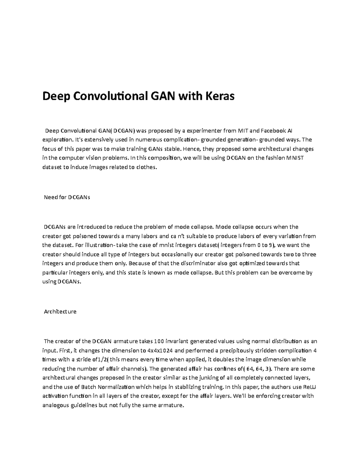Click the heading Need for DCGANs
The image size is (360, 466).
(67, 197)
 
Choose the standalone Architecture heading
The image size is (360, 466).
(60, 311)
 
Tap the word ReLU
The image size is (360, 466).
(306, 387)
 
